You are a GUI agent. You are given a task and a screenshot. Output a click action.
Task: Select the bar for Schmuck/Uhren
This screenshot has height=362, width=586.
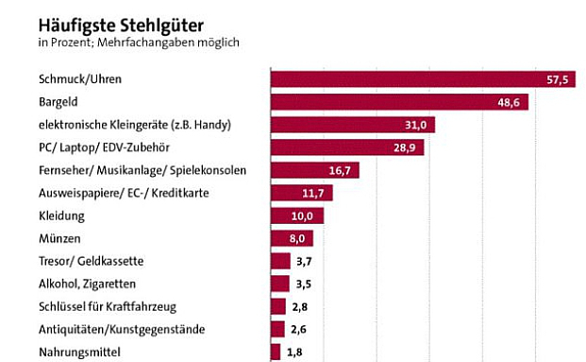(x=406, y=79)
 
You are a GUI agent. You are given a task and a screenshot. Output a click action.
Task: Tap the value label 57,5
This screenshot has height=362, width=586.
(x=559, y=79)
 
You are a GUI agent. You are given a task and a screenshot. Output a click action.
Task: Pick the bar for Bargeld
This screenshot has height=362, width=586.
(x=387, y=102)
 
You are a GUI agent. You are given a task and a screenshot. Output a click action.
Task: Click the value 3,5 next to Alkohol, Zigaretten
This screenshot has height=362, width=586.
(x=305, y=284)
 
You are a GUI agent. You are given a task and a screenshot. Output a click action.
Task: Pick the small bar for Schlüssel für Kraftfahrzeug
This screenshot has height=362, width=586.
(x=278, y=306)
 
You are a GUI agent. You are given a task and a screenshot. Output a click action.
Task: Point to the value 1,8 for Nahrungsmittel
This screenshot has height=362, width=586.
(x=296, y=353)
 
